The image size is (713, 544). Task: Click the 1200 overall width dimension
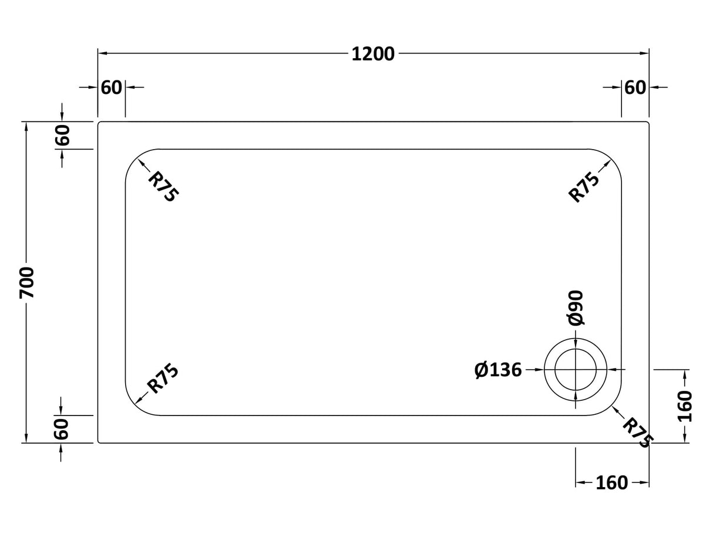click(x=373, y=54)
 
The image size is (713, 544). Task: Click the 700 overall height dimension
click(x=27, y=282)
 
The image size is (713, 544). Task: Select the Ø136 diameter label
click(x=498, y=370)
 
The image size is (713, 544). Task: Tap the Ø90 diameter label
click(x=576, y=308)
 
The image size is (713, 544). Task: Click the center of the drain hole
click(x=576, y=370)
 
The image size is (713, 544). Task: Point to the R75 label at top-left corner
click(x=162, y=187)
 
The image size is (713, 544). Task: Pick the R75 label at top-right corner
click(x=584, y=187)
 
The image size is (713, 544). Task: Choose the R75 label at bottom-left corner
click(x=163, y=379)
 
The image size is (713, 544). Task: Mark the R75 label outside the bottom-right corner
click(x=637, y=433)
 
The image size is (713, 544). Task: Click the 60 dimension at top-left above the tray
click(x=112, y=87)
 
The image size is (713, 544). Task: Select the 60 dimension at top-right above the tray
click(x=635, y=87)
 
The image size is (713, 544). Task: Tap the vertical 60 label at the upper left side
click(x=62, y=136)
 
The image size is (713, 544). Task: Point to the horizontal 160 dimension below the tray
click(x=611, y=483)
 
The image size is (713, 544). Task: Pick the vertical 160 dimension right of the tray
click(x=685, y=406)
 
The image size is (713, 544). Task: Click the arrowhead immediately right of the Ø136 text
click(x=539, y=370)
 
